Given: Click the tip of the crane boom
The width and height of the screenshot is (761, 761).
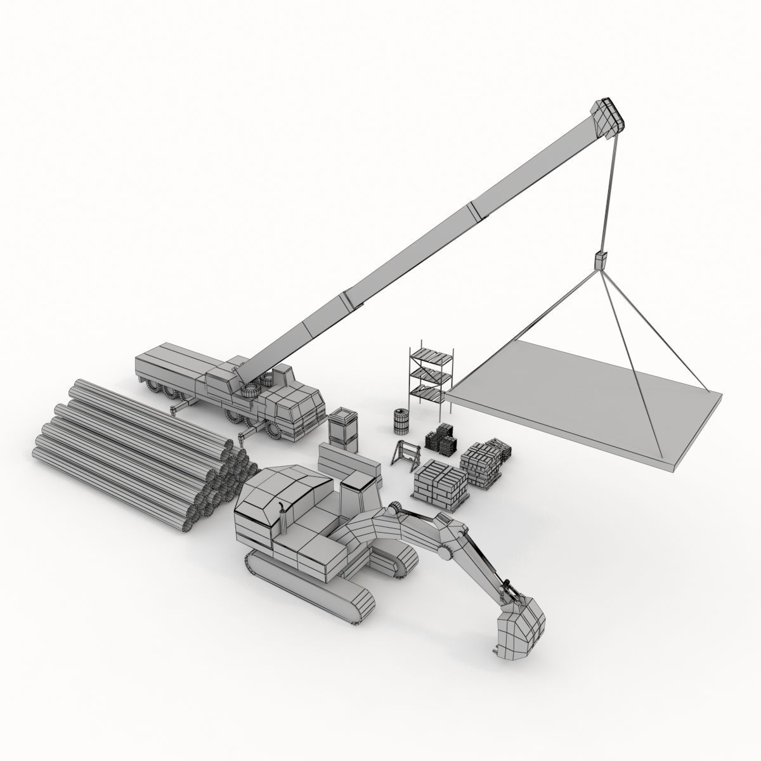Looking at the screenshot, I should coord(609,117).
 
